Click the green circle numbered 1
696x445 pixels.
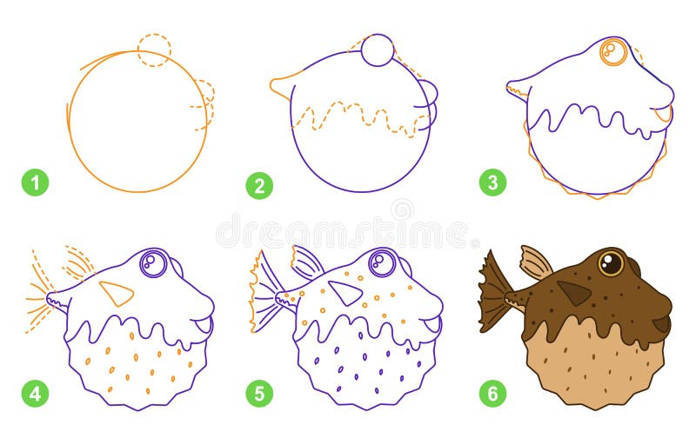(x=35, y=183)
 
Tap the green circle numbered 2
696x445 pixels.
(x=258, y=183)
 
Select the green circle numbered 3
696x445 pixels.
(x=492, y=183)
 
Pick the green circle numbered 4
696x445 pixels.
(x=35, y=394)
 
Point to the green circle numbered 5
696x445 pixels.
(x=258, y=394)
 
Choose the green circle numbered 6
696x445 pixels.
(x=492, y=394)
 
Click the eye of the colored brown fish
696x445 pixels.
(x=611, y=262)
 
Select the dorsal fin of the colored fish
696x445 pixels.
(x=535, y=262)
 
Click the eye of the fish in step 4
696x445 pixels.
(x=153, y=262)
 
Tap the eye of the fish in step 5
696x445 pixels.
(x=382, y=262)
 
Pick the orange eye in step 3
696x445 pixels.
(x=614, y=52)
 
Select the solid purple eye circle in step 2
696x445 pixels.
(x=378, y=50)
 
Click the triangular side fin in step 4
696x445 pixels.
(x=116, y=293)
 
